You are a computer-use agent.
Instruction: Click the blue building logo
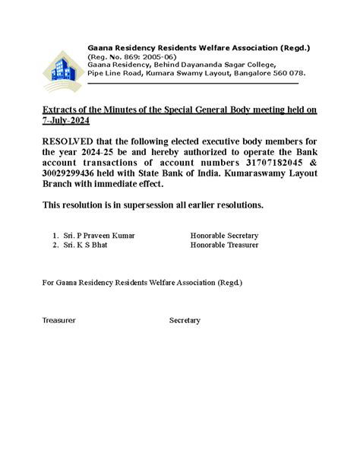coord(62,71)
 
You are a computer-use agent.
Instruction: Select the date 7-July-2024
coord(68,121)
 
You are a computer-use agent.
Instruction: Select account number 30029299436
coord(76,173)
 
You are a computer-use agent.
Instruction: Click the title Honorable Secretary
coord(224,236)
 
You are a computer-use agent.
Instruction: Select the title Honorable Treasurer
coord(224,246)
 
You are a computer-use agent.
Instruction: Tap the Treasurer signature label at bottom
coord(59,321)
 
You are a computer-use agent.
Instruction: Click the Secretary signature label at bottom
coord(185,321)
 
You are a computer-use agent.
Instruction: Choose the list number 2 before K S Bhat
coord(55,246)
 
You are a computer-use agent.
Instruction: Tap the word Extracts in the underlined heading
coord(58,110)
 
